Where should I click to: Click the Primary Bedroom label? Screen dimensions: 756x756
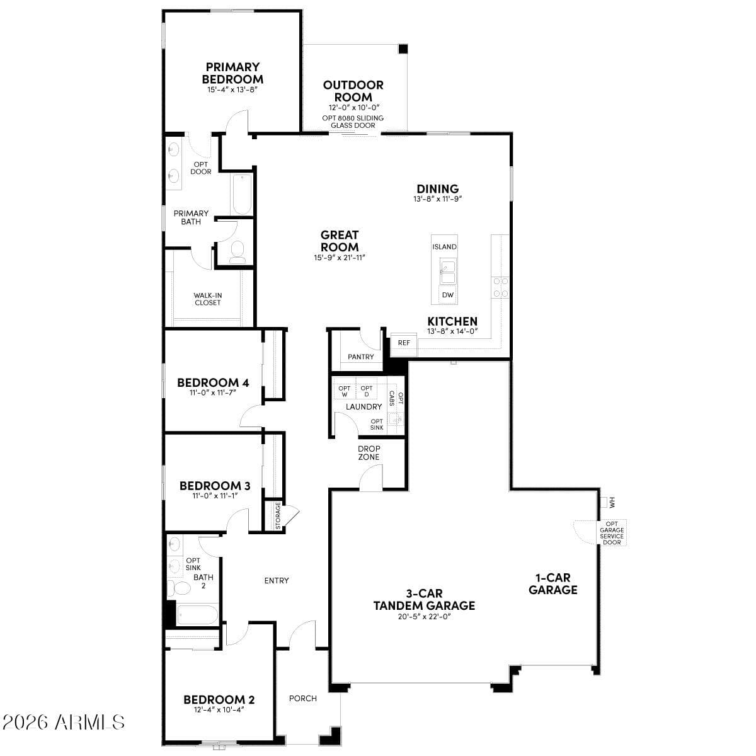pyautogui.click(x=232, y=73)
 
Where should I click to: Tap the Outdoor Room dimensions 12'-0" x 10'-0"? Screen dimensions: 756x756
pyautogui.click(x=353, y=108)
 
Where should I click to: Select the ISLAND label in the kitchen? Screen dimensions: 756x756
pyautogui.click(x=444, y=247)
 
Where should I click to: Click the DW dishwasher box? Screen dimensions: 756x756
pyautogui.click(x=447, y=295)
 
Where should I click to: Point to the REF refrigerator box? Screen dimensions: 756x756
pyautogui.click(x=404, y=343)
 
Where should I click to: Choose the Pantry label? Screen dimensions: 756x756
pyautogui.click(x=361, y=357)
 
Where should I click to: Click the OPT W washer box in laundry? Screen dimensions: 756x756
pyautogui.click(x=344, y=391)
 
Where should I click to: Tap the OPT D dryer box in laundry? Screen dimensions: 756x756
pyautogui.click(x=367, y=391)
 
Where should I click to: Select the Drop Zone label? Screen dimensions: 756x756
pyautogui.click(x=369, y=453)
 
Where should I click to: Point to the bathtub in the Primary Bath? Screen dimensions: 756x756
pyautogui.click(x=241, y=194)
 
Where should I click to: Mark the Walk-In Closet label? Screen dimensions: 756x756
pyautogui.click(x=207, y=299)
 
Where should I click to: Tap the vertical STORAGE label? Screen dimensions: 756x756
pyautogui.click(x=278, y=515)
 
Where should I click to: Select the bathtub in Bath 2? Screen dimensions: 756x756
pyautogui.click(x=197, y=615)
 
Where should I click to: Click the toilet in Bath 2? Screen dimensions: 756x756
pyautogui.click(x=181, y=588)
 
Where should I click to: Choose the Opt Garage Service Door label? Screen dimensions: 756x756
pyautogui.click(x=611, y=533)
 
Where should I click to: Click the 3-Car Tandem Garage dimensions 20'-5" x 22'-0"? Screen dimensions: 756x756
pyautogui.click(x=423, y=617)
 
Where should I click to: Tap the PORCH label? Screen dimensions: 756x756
pyautogui.click(x=302, y=698)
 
